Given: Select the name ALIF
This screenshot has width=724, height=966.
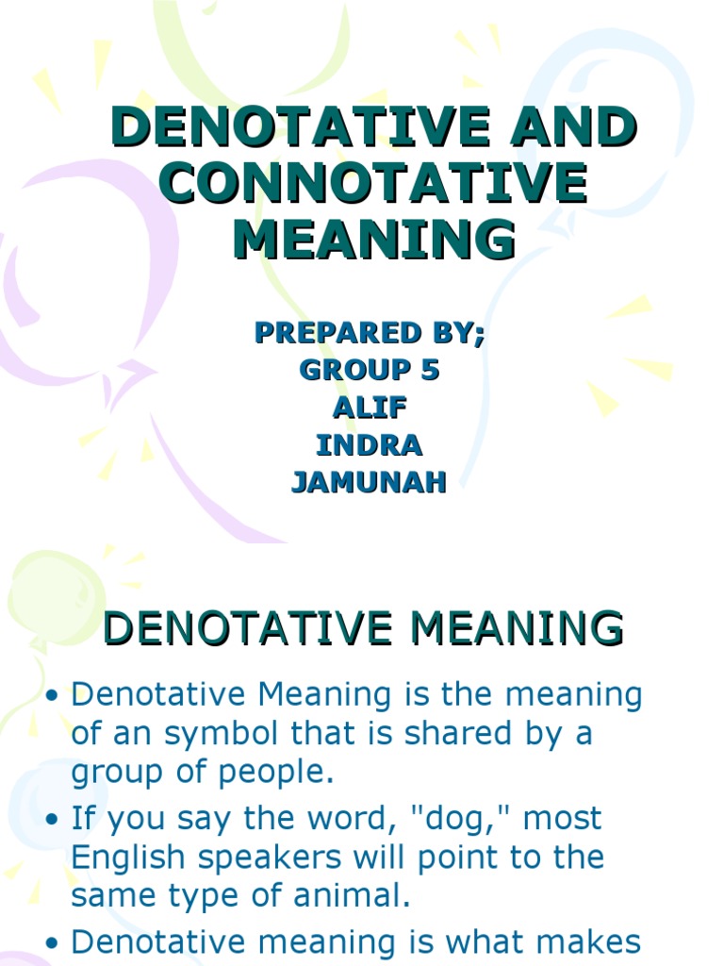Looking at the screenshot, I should click(369, 408).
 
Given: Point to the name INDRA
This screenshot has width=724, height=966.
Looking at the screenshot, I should click(369, 445).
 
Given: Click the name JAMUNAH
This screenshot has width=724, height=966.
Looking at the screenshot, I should click(369, 482).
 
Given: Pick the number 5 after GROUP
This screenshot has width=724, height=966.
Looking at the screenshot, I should click(430, 371).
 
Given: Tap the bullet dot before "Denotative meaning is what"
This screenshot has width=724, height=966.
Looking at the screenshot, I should click(53, 942).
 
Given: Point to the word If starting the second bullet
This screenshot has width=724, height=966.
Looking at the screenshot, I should click(83, 819).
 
